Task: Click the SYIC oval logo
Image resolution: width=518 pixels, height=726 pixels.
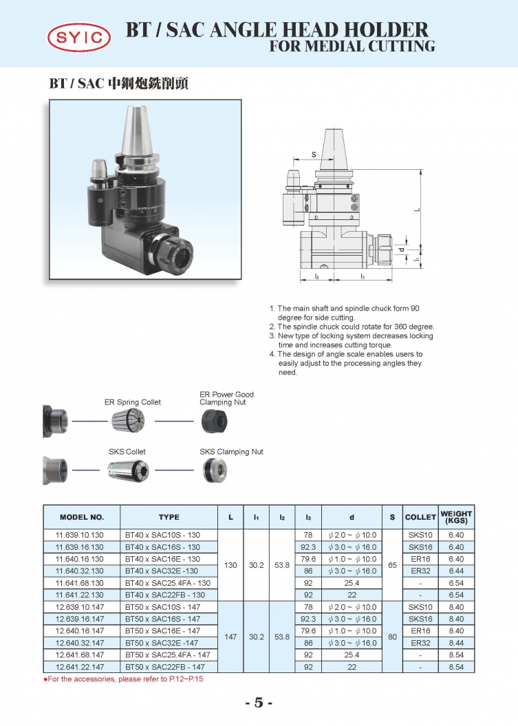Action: tap(78, 38)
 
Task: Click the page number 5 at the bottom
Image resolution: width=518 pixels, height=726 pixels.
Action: tap(259, 703)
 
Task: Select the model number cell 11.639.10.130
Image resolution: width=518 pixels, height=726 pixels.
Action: tap(80, 536)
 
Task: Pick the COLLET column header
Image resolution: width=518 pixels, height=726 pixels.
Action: tap(420, 517)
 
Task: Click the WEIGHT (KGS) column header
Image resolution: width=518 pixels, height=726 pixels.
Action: tap(456, 517)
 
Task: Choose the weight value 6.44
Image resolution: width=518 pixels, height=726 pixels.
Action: tap(456, 571)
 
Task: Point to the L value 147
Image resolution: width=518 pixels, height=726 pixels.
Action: tap(230, 637)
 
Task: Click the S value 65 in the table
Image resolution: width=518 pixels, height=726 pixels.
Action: tap(392, 565)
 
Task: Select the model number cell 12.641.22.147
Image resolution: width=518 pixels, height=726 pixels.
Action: tap(80, 667)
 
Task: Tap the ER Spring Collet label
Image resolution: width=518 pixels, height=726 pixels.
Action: tap(133, 402)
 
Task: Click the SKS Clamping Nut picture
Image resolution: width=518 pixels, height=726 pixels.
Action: tap(215, 471)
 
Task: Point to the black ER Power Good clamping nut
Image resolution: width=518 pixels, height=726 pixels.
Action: tap(215, 422)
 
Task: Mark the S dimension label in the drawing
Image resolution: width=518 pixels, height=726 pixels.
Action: tap(314, 154)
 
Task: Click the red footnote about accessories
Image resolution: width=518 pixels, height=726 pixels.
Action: tap(123, 679)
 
